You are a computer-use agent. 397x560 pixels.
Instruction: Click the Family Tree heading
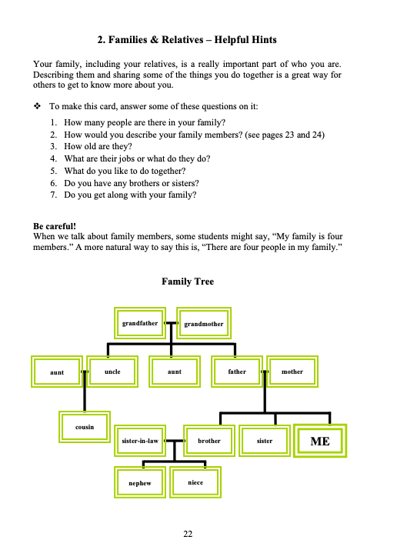pyautogui.click(x=188, y=282)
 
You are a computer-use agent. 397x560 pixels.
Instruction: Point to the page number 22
pyautogui.click(x=188, y=534)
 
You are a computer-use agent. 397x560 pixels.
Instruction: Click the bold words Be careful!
pyautogui.click(x=55, y=226)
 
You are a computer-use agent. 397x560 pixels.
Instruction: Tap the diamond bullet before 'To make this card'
pyautogui.click(x=37, y=106)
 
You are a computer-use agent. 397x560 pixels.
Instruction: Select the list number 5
pyautogui.click(x=53, y=171)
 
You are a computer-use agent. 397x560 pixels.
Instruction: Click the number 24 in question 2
pyautogui.click(x=317, y=135)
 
